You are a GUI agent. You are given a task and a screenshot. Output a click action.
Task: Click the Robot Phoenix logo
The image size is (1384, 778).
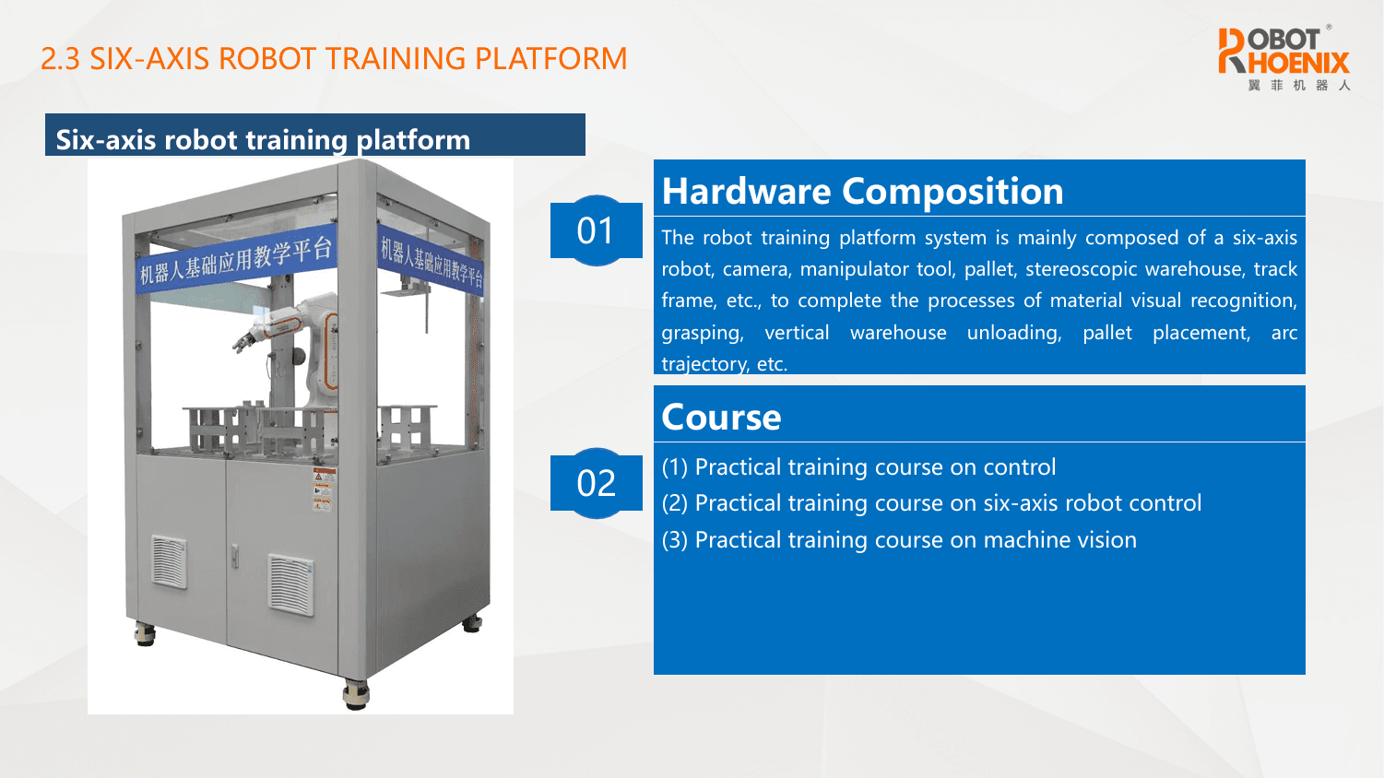tap(1283, 59)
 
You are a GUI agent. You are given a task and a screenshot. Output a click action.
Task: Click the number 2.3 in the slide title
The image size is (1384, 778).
tap(61, 59)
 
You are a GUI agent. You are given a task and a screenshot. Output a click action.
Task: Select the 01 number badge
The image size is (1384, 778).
tap(597, 230)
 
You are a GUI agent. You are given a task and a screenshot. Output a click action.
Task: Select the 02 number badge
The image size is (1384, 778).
tap(597, 483)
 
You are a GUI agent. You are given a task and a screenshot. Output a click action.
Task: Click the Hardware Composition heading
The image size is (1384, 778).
tap(862, 191)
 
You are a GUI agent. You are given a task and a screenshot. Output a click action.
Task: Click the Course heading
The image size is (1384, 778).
tap(721, 418)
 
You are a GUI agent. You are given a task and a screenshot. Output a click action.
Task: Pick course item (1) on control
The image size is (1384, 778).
tap(858, 467)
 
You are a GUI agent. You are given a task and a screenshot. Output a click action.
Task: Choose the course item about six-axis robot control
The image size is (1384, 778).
tap(931, 503)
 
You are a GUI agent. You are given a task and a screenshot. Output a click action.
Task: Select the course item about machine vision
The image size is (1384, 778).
tap(899, 540)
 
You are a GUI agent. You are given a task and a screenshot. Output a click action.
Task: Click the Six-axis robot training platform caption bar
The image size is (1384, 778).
tap(315, 135)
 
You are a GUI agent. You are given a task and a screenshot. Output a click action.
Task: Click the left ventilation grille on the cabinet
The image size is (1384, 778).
tap(170, 561)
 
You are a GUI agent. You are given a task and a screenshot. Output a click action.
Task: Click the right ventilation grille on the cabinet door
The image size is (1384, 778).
tap(290, 584)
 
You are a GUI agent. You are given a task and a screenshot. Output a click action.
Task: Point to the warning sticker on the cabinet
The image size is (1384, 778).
tap(323, 489)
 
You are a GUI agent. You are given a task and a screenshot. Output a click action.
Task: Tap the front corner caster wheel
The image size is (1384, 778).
tap(356, 695)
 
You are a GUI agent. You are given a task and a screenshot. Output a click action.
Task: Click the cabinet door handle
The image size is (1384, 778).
tap(235, 556)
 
